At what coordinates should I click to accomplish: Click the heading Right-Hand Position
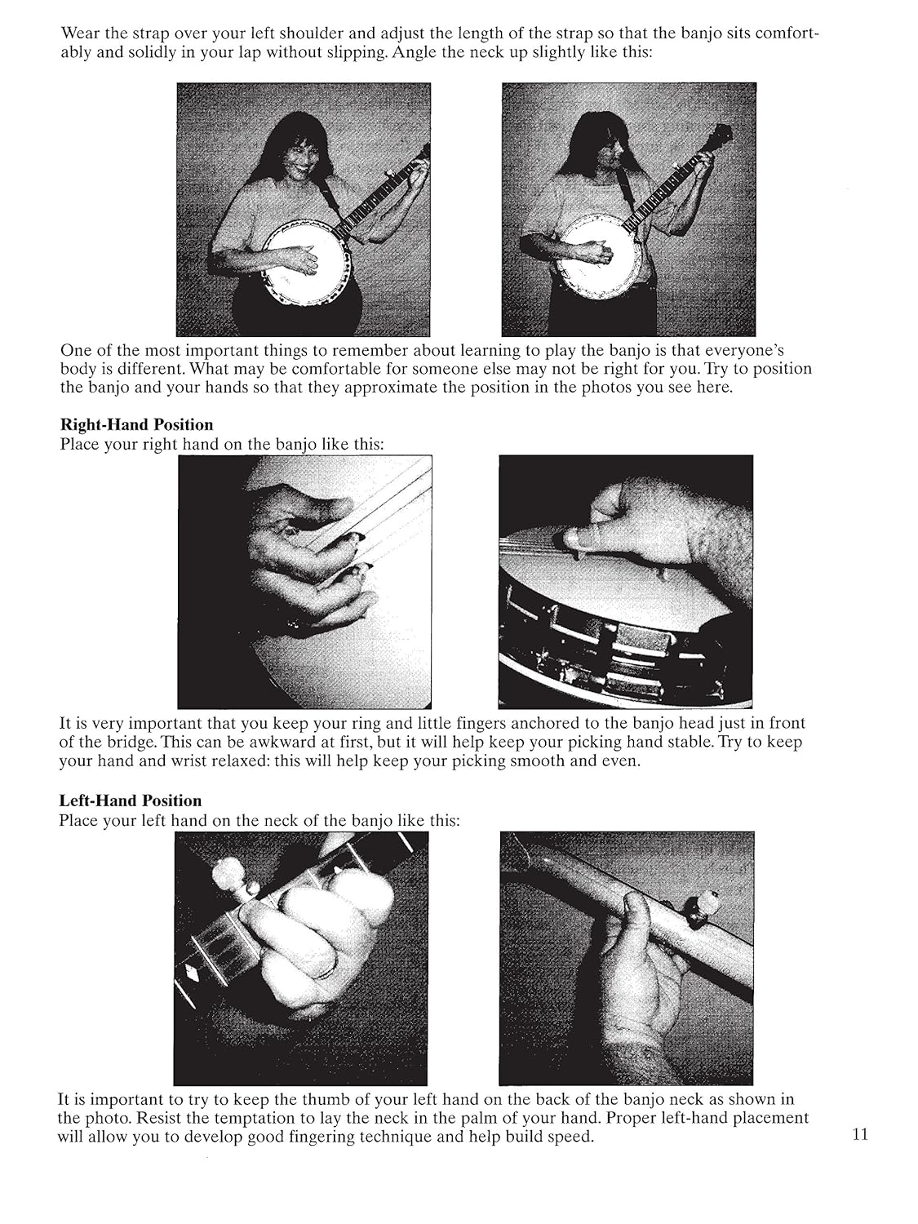pos(136,424)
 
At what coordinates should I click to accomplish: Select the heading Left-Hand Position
pos(130,800)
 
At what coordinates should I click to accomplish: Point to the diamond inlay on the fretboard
pos(193,974)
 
